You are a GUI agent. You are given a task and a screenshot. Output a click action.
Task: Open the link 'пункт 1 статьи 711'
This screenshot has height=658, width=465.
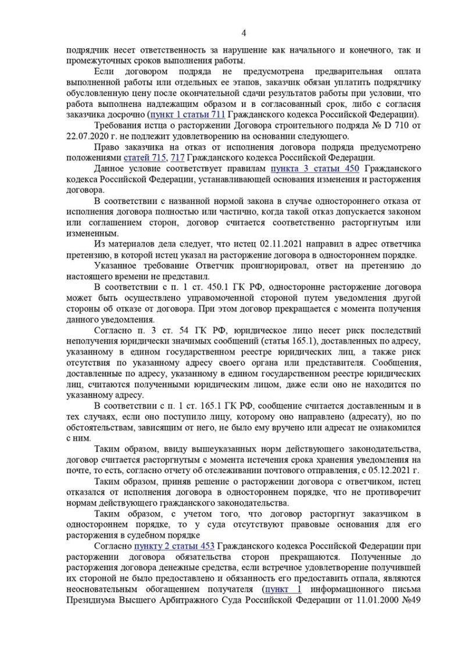click(x=187, y=113)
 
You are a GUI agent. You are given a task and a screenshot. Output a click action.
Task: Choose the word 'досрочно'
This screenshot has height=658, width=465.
click(x=127, y=113)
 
